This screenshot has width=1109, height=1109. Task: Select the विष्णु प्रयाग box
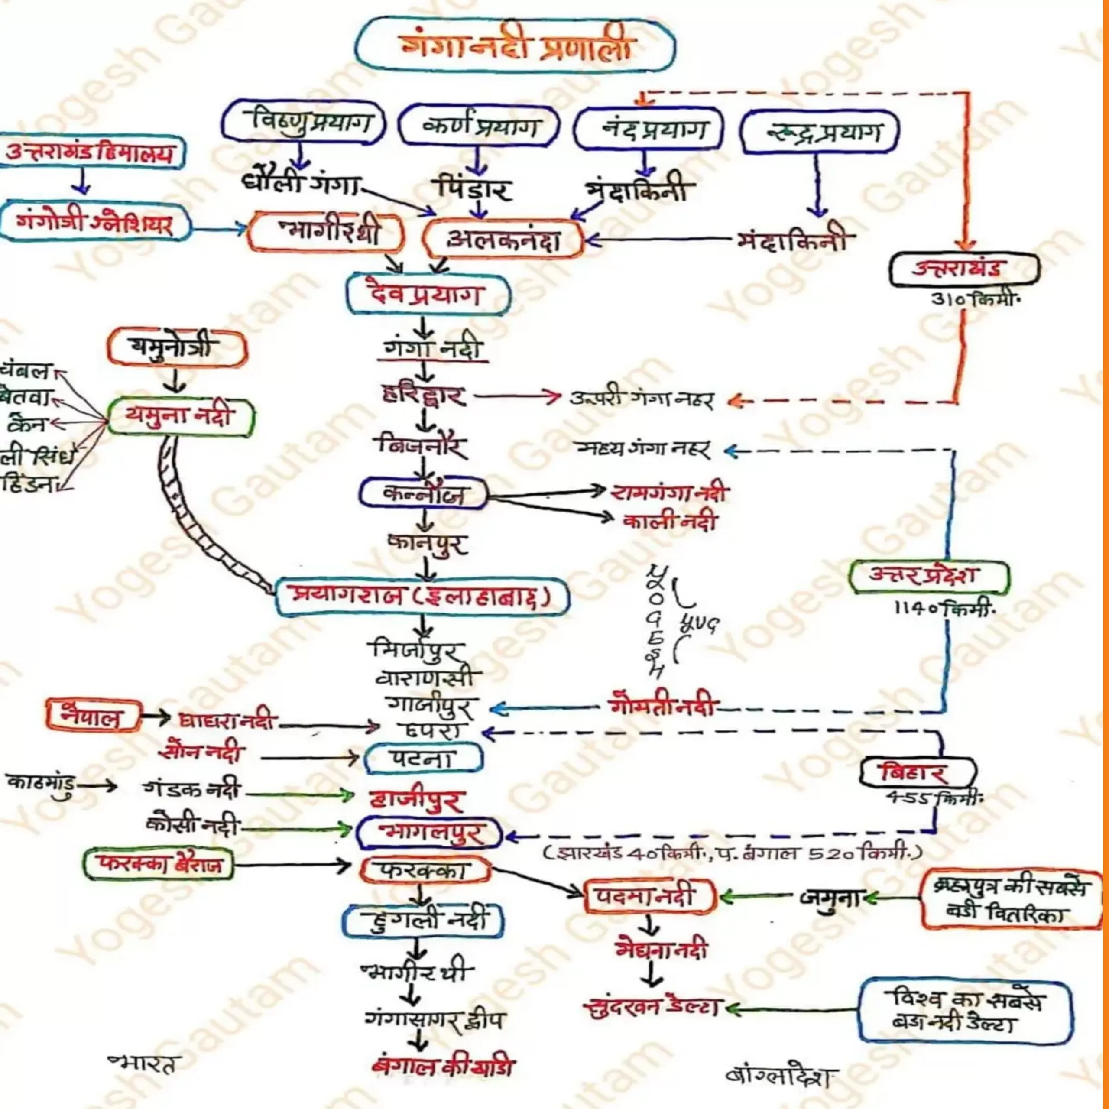tap(303, 122)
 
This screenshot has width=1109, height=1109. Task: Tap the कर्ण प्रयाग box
tap(478, 126)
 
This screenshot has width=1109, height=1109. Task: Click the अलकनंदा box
tap(503, 240)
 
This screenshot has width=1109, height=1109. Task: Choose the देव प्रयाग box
tap(428, 295)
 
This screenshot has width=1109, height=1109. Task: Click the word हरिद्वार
tap(424, 396)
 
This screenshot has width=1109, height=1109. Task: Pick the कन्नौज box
tap(423, 493)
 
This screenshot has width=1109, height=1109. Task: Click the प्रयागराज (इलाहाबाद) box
tap(422, 597)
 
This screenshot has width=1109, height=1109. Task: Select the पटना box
tap(423, 758)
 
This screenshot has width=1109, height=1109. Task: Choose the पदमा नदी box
tap(650, 897)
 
